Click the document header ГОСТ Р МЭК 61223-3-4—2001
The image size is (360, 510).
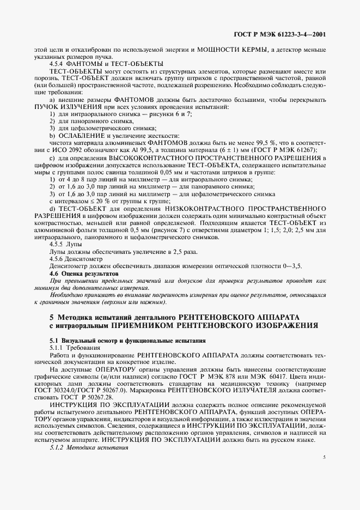[x=280, y=34]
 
